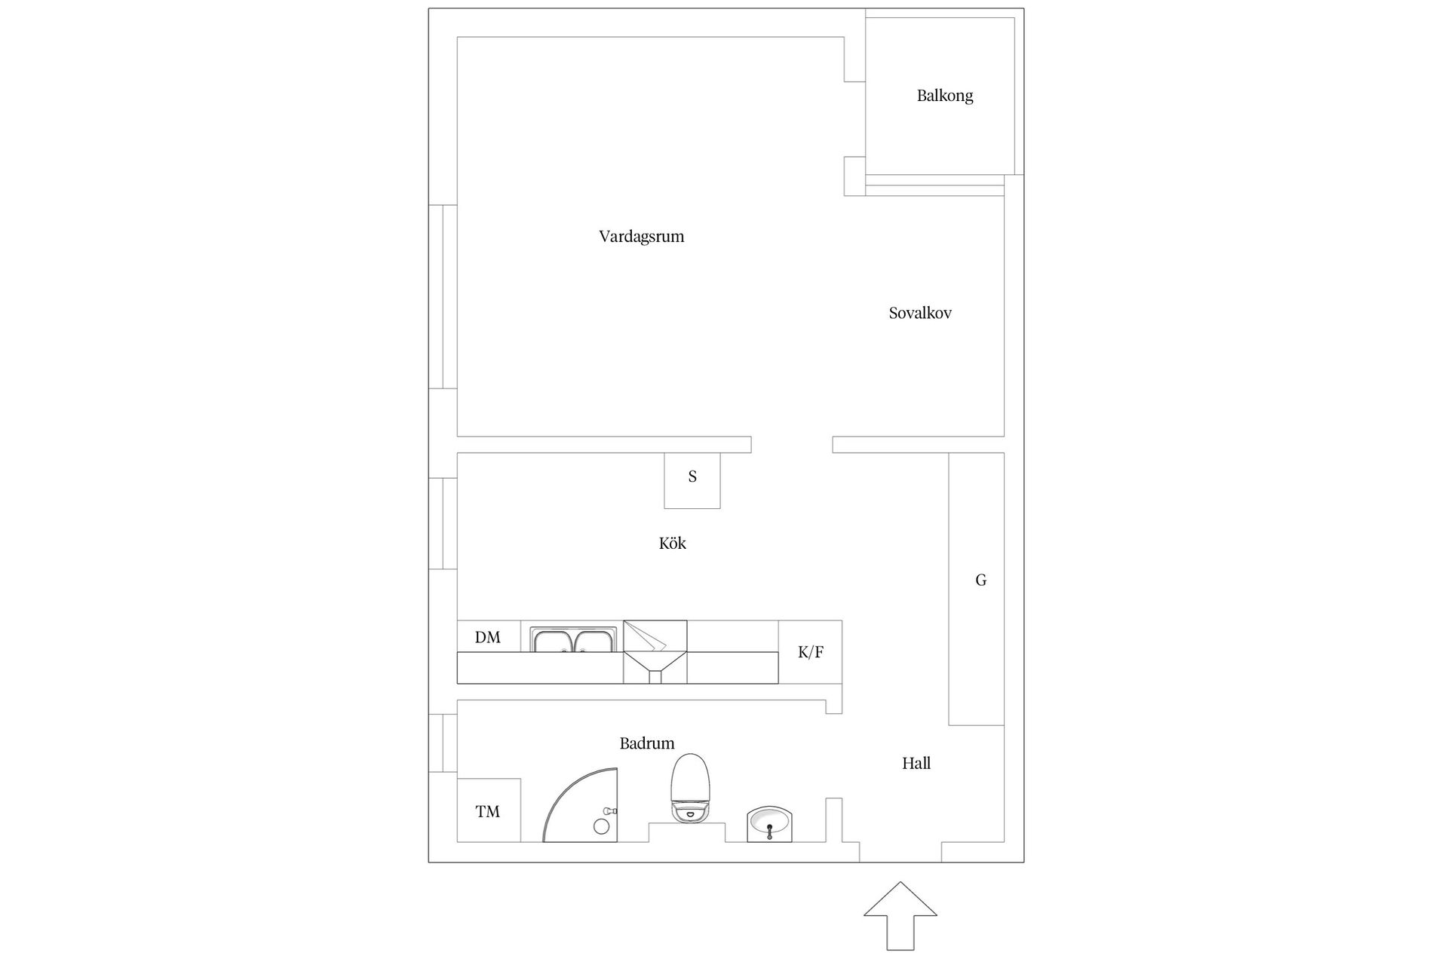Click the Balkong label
(945, 96)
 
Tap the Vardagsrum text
(642, 237)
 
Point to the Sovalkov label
(920, 313)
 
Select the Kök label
(673, 543)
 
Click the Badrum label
(647, 743)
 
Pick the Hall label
(916, 763)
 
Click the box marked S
(692, 480)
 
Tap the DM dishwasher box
(489, 636)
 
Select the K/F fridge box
(810, 652)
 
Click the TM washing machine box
(489, 810)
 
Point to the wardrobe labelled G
(976, 589)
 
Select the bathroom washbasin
(769, 824)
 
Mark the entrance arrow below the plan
(900, 915)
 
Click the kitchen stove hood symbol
(655, 652)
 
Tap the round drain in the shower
(601, 826)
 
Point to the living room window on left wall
(443, 297)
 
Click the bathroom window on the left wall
(443, 743)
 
